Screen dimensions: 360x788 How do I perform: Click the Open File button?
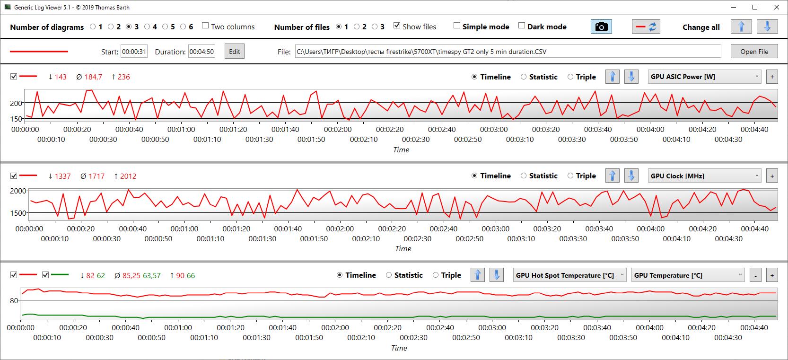[754, 52]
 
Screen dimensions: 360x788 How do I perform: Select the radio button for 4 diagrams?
[147, 27]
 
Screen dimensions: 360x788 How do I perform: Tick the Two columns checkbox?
[205, 26]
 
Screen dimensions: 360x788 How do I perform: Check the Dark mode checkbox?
[522, 26]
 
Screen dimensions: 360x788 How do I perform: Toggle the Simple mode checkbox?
[457, 26]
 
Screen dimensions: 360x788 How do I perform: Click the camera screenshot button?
[601, 27]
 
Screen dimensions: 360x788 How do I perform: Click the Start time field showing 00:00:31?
[134, 52]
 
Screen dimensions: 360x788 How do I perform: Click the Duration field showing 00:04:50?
[201, 52]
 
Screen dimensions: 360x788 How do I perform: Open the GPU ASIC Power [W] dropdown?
[705, 77]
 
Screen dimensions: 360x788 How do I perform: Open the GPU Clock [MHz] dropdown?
[705, 176]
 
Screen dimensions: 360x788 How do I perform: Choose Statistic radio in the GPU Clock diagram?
[524, 176]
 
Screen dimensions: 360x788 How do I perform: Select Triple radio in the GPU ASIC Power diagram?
[570, 77]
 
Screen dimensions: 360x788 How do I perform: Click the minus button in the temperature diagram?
[756, 275]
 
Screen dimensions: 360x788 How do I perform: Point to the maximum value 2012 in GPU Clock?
[128, 176]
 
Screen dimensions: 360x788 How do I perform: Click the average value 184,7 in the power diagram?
[93, 77]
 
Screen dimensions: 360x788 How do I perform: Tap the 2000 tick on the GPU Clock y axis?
[18, 191]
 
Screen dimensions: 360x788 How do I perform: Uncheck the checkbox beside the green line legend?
[45, 275]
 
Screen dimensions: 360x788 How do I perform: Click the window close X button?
[776, 8]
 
